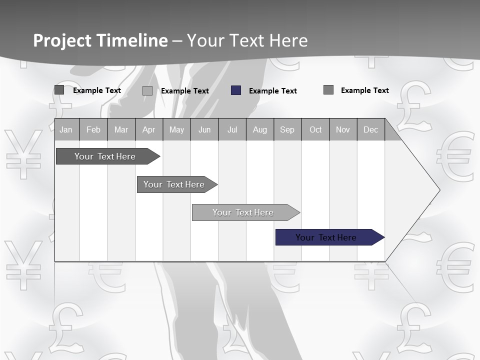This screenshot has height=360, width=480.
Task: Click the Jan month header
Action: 66,129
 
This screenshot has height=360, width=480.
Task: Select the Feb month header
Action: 93,129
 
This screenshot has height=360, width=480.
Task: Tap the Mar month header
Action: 121,129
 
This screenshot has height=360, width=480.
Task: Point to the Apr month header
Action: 148,129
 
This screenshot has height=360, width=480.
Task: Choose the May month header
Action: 176,129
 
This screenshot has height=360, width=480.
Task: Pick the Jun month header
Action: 204,129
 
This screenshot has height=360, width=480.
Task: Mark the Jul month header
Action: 232,129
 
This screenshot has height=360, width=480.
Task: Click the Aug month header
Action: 260,129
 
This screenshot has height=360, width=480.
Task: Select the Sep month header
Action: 287,129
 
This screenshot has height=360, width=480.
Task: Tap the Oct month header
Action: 315,129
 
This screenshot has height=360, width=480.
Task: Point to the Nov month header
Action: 343,129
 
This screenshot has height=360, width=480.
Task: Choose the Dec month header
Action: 371,129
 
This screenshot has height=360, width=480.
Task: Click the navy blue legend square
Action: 236,90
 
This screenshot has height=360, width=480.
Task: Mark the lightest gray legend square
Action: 147,90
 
